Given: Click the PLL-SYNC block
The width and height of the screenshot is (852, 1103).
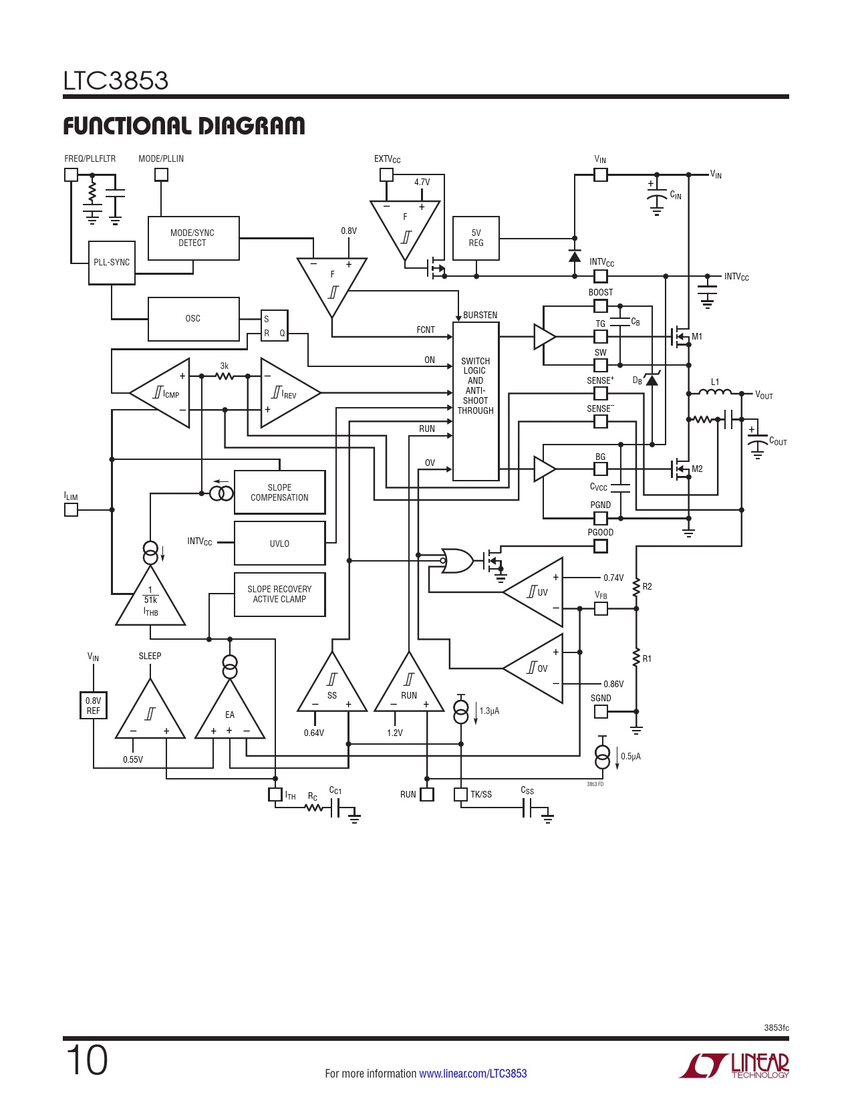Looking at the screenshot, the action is [112, 263].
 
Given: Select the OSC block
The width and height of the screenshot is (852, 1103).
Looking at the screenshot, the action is [193, 319].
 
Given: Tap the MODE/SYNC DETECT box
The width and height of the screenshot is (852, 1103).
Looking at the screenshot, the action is [193, 238].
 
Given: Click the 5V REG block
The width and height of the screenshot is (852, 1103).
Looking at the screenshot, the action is [476, 238].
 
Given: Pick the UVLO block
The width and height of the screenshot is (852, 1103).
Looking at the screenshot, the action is [279, 543].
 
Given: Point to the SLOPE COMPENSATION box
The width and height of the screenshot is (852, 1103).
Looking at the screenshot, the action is [279, 493].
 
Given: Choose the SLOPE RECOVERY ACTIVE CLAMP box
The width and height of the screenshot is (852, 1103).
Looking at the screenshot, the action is [279, 594].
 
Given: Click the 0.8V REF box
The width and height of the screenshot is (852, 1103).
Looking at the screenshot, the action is [94, 705].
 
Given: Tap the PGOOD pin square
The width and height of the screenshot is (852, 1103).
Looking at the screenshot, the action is [601, 546].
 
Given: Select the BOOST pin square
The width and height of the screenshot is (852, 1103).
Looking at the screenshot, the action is [601, 306].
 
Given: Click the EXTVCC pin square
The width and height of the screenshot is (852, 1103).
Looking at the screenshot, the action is [386, 174].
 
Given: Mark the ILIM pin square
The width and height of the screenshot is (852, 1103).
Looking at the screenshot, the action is [71, 509].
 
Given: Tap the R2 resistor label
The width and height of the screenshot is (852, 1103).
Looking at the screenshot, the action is [647, 587].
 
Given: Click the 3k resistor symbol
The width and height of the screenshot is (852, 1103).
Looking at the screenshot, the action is [225, 376].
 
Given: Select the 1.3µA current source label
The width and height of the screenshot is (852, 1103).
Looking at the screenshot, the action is [489, 711].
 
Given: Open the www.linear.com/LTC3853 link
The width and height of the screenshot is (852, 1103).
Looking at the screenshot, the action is [473, 1074].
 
